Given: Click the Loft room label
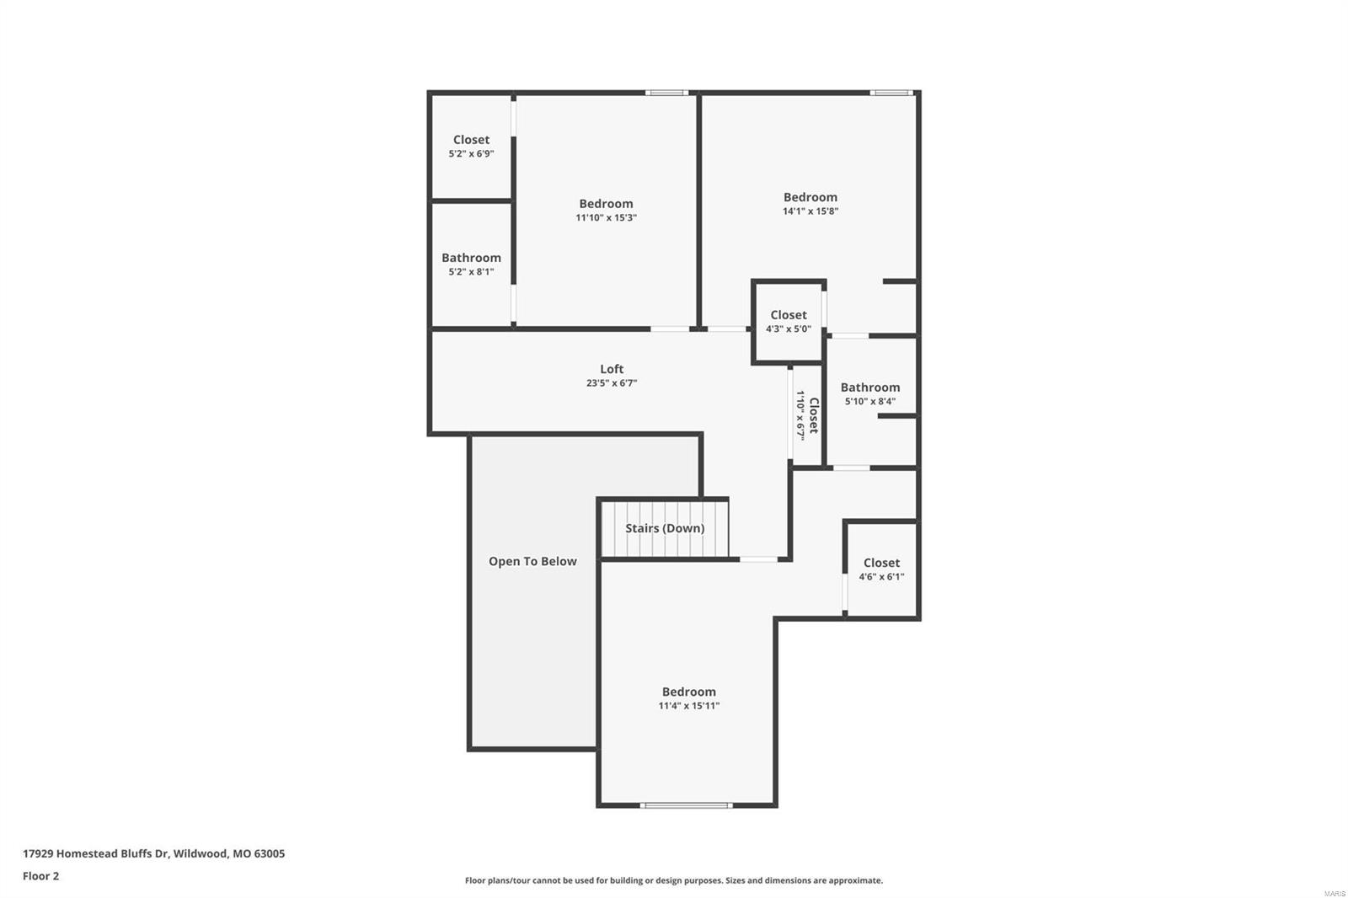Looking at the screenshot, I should click(x=612, y=369).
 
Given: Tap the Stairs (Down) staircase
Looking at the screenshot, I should click(x=664, y=528).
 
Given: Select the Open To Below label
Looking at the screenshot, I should click(x=532, y=562).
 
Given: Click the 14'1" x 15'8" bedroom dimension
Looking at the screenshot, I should click(x=810, y=211).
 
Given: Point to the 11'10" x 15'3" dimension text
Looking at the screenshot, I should click(x=606, y=218).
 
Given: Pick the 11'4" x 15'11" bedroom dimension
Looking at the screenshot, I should click(x=688, y=706).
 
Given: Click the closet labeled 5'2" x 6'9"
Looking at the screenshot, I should click(x=471, y=146).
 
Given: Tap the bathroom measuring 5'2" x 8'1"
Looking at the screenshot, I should click(x=471, y=264).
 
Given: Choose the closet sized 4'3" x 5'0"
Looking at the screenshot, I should click(x=788, y=321).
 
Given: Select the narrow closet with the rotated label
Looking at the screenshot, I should click(x=807, y=415).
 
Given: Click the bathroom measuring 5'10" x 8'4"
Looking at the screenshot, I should click(x=869, y=393).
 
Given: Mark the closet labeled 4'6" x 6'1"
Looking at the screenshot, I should click(x=881, y=569).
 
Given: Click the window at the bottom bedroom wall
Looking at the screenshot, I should click(x=686, y=805).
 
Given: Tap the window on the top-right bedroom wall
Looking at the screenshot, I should click(x=891, y=93).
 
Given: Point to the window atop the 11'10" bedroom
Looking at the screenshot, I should click(x=666, y=93).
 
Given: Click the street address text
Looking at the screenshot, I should click(x=153, y=853).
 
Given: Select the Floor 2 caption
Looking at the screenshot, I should click(x=40, y=876).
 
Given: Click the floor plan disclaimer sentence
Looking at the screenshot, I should click(x=674, y=880).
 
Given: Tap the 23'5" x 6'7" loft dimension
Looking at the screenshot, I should click(x=612, y=383).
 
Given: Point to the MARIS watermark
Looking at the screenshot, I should click(x=1335, y=893).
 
